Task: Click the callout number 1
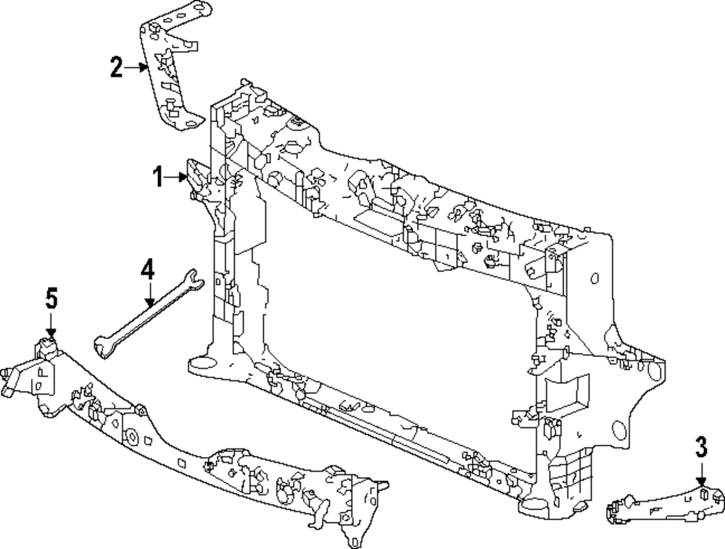pos(158,176)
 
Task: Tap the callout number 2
pos(116,67)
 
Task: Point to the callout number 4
pos(147,270)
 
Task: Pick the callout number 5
pos(50,297)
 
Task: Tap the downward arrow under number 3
pos(701,474)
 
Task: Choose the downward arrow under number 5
pos(50,324)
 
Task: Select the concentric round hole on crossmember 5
pos(133,437)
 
